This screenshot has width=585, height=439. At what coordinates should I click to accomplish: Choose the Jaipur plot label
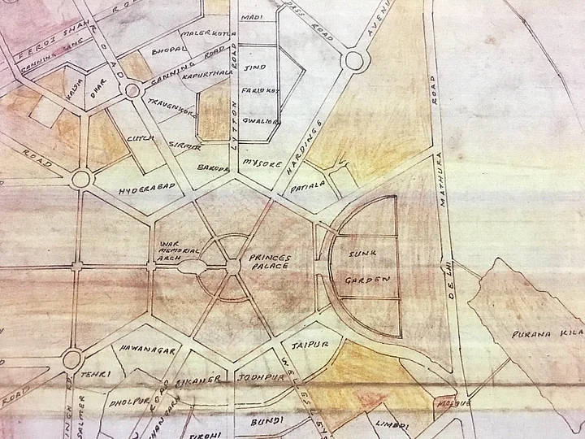coord(308,345)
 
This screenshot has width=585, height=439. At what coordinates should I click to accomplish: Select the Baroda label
coord(212,167)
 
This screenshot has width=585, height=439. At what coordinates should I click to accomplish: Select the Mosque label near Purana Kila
coord(450,403)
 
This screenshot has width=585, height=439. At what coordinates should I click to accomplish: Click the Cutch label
coord(136,139)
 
